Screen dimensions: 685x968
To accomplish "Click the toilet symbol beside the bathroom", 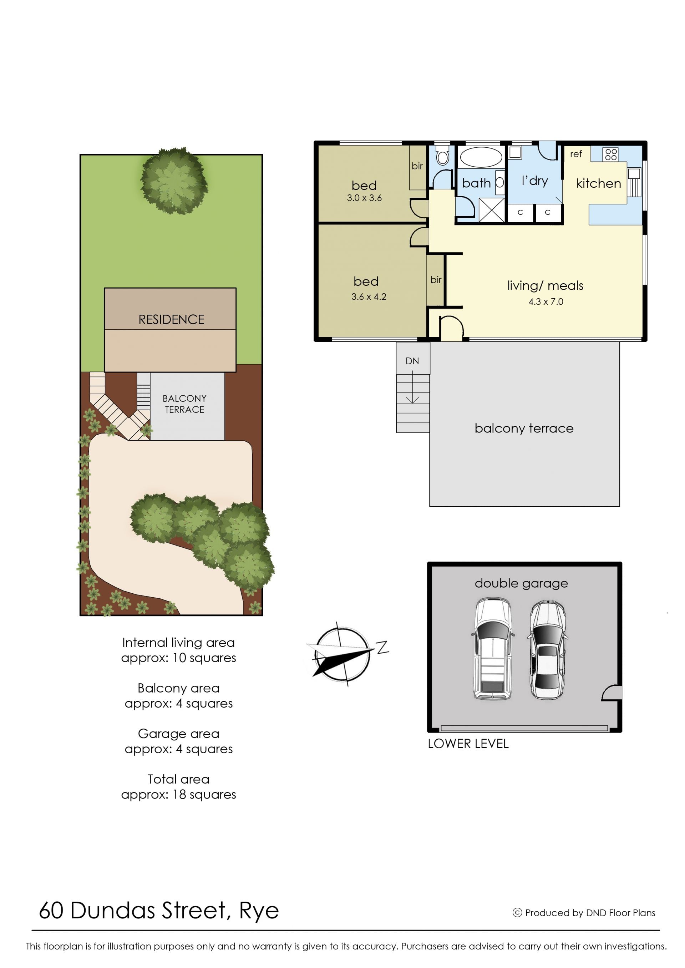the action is point(442,155).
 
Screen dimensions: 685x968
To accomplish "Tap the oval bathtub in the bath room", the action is point(481,157).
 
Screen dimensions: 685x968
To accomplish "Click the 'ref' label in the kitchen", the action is point(576,154).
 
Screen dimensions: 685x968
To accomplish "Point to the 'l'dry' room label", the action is point(534,181).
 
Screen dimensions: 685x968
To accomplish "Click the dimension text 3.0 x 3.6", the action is point(364,198).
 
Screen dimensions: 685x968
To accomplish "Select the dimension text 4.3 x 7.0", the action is point(546,301).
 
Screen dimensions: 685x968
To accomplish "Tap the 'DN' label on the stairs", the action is point(412,361).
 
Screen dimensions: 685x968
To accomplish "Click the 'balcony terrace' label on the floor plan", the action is point(524,429).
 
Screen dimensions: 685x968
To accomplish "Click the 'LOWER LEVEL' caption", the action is point(468,744).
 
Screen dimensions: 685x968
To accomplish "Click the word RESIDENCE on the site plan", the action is point(171,320).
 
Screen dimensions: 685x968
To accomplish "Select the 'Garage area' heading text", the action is point(178,734).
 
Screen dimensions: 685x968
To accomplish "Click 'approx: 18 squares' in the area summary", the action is point(178,795).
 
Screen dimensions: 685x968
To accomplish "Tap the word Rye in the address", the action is point(259,911).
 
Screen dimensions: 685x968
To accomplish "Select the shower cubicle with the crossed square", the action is point(492,210).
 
